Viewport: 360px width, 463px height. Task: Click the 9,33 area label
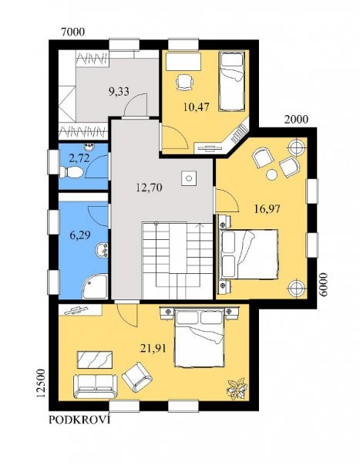tap(119, 92)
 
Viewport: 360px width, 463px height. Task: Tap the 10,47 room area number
tap(197, 106)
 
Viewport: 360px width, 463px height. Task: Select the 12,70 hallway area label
tap(149, 188)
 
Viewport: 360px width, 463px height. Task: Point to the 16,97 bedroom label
tap(267, 209)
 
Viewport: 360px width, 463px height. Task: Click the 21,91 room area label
tap(153, 349)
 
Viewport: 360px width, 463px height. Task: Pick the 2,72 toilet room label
tap(79, 158)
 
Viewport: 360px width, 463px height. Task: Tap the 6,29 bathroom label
tap(80, 235)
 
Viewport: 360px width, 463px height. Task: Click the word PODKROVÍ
tap(79, 420)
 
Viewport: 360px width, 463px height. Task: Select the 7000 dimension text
tap(72, 32)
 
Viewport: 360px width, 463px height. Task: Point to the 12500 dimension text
tap(40, 384)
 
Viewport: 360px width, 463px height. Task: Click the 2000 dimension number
tap(296, 120)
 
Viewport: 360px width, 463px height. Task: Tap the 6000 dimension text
tap(323, 285)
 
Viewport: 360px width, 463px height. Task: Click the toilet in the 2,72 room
tap(71, 172)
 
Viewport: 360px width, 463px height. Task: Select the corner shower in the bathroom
tap(95, 286)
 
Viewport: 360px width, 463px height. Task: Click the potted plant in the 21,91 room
tap(237, 389)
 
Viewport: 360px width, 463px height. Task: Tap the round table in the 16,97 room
tap(271, 175)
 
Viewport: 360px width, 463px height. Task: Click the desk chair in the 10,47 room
tap(185, 82)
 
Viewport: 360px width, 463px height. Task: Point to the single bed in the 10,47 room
tap(232, 81)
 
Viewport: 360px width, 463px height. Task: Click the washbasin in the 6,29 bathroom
tap(102, 250)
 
